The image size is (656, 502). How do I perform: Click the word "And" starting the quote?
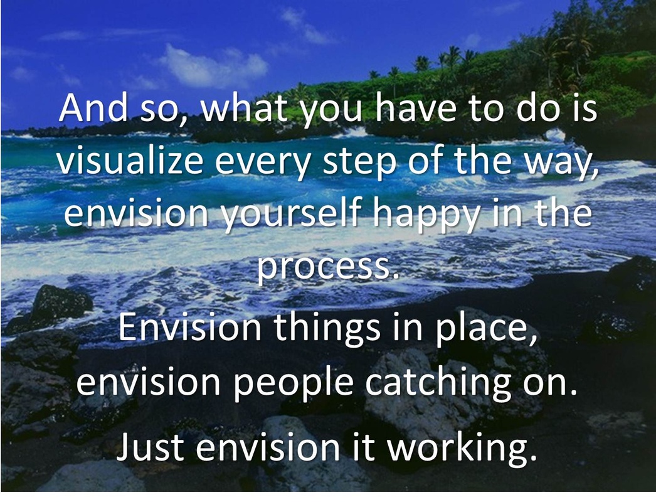(x=93, y=107)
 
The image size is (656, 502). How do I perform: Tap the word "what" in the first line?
(x=245, y=107)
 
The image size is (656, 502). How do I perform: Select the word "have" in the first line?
(x=415, y=107)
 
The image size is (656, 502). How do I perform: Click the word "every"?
(x=262, y=164)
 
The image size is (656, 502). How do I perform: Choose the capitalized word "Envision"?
(x=190, y=327)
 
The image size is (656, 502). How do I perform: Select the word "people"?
(x=294, y=383)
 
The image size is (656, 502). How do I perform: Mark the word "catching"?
(x=438, y=383)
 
